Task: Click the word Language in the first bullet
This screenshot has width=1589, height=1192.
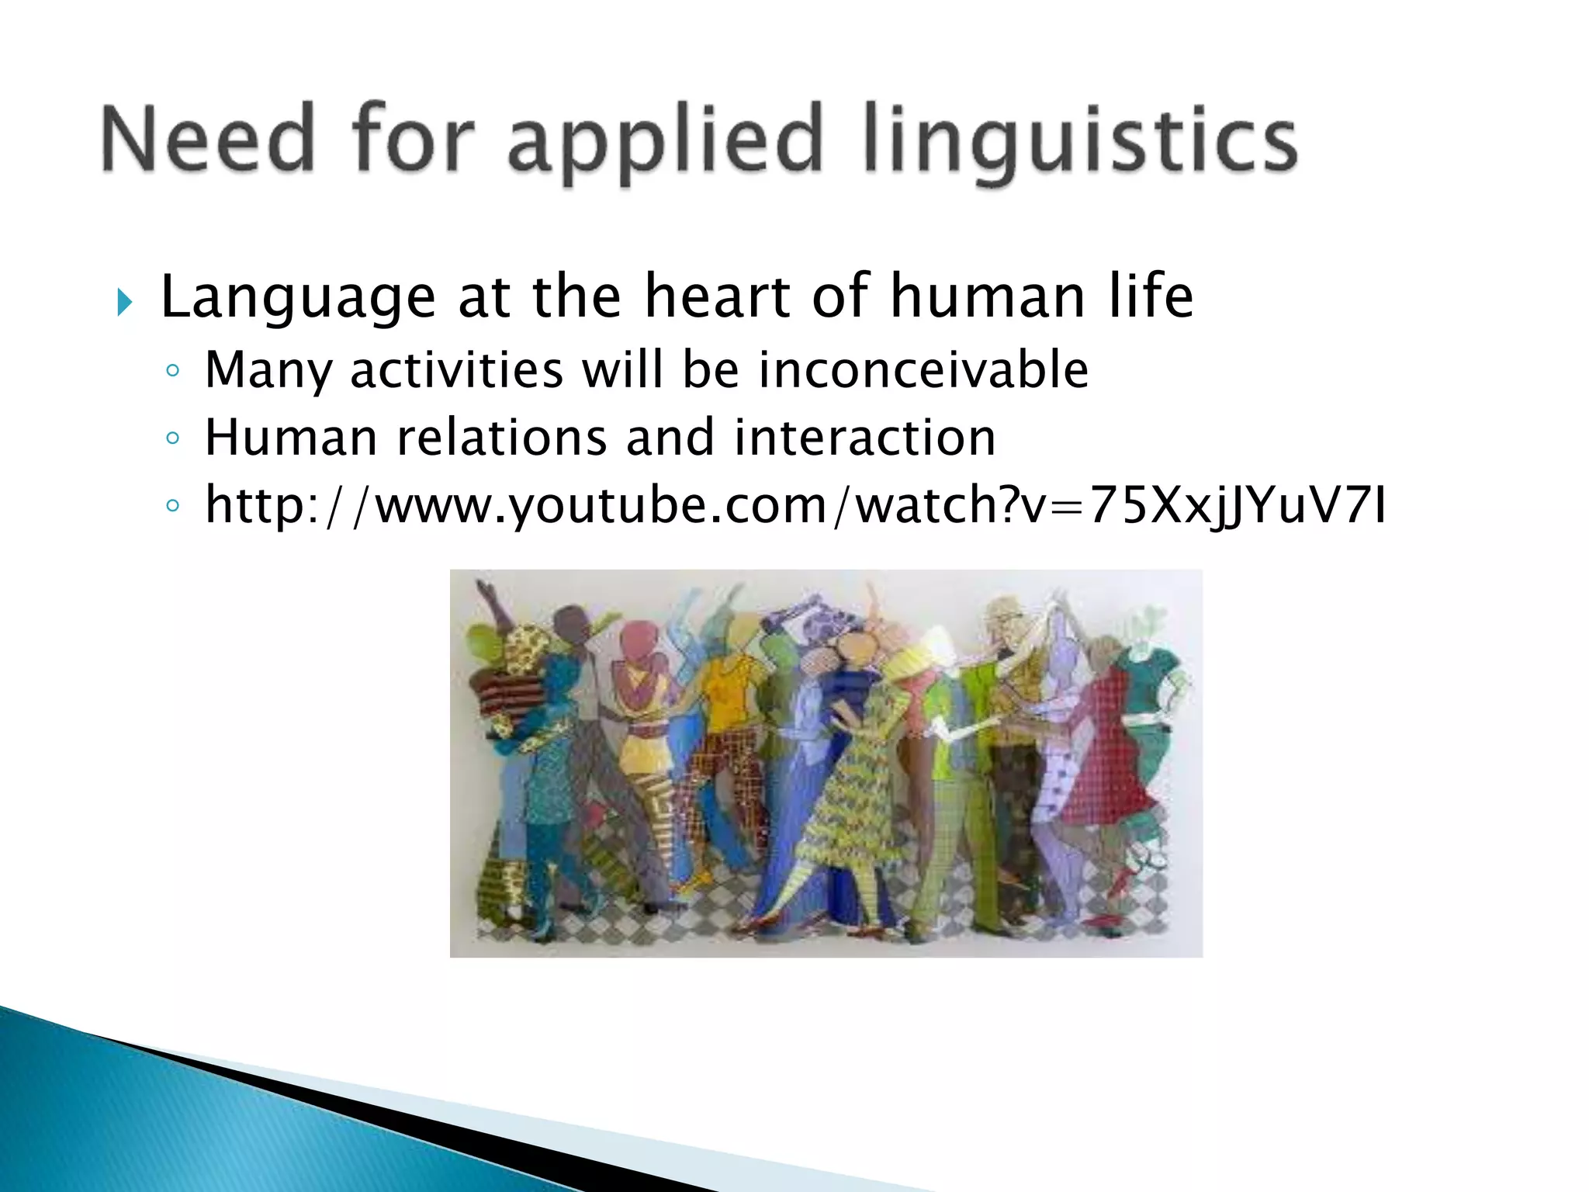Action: pyautogui.click(x=298, y=297)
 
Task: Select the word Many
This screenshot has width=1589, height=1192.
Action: pyautogui.click(x=268, y=370)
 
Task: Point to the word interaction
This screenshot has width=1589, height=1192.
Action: pyautogui.click(x=864, y=437)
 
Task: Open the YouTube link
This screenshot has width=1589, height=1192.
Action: pyautogui.click(x=795, y=505)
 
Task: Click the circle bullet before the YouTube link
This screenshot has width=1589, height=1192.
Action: pyautogui.click(x=172, y=507)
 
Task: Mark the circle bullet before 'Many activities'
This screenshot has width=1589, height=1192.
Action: pyautogui.click(x=172, y=371)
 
